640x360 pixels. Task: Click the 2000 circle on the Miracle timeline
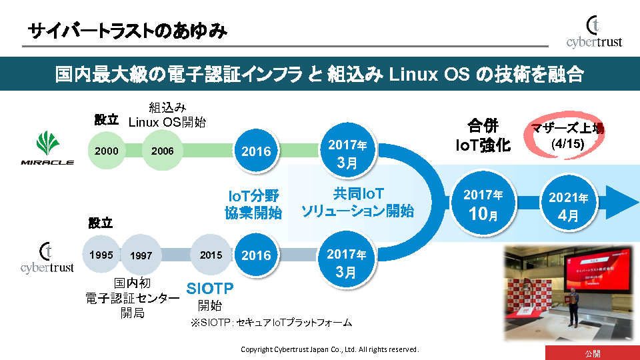coord(107,151)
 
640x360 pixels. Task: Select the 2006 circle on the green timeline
coord(162,151)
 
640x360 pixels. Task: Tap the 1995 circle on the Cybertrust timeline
coord(101,255)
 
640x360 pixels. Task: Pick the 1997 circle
coord(141,255)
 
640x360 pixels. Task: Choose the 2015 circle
coord(211,255)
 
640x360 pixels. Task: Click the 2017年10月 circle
coord(483,204)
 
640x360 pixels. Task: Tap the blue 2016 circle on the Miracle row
coord(256,151)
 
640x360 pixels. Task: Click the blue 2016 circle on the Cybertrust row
coord(256,255)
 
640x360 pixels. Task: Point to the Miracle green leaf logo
coord(47,143)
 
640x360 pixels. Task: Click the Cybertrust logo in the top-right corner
coord(593,33)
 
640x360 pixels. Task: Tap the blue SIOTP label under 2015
coord(209,290)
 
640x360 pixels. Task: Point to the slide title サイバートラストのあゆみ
coord(127,31)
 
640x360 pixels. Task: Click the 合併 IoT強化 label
coord(483,135)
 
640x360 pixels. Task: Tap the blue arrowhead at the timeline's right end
coord(623,203)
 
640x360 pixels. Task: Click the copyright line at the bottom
coord(329,349)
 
